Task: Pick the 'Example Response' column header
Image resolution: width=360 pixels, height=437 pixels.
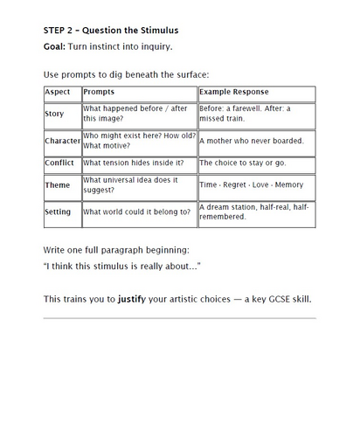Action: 234,91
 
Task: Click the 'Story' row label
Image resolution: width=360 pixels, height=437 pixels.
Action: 54,114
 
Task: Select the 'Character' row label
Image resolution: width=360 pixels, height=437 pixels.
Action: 61,140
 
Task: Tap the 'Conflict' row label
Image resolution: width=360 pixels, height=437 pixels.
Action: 59,163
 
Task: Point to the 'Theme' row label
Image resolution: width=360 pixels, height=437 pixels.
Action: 57,185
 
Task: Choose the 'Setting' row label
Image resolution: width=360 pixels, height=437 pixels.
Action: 59,212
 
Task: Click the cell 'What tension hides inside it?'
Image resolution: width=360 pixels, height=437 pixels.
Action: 132,163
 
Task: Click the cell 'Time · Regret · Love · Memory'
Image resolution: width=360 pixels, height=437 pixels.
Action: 252,185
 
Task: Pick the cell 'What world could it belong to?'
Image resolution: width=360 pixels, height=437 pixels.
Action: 136,212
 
